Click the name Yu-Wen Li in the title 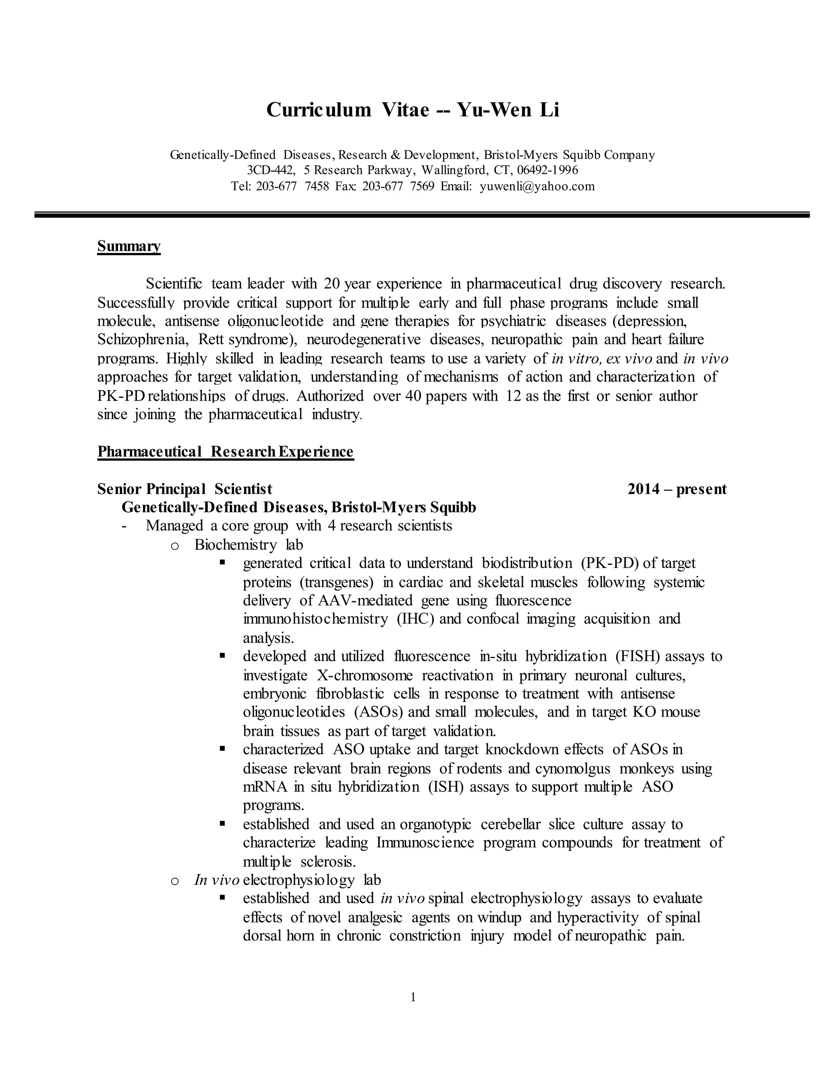point(508,110)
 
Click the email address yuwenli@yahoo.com point(537,186)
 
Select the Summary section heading point(129,246)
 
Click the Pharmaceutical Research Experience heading point(225,451)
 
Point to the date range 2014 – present point(677,488)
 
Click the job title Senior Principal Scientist point(185,488)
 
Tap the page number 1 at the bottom point(413,997)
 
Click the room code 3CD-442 point(271,170)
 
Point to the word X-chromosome point(365,675)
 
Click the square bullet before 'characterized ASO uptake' point(222,748)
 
